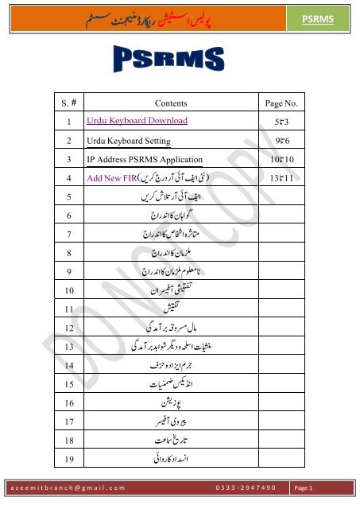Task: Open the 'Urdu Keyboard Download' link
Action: click(x=137, y=122)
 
